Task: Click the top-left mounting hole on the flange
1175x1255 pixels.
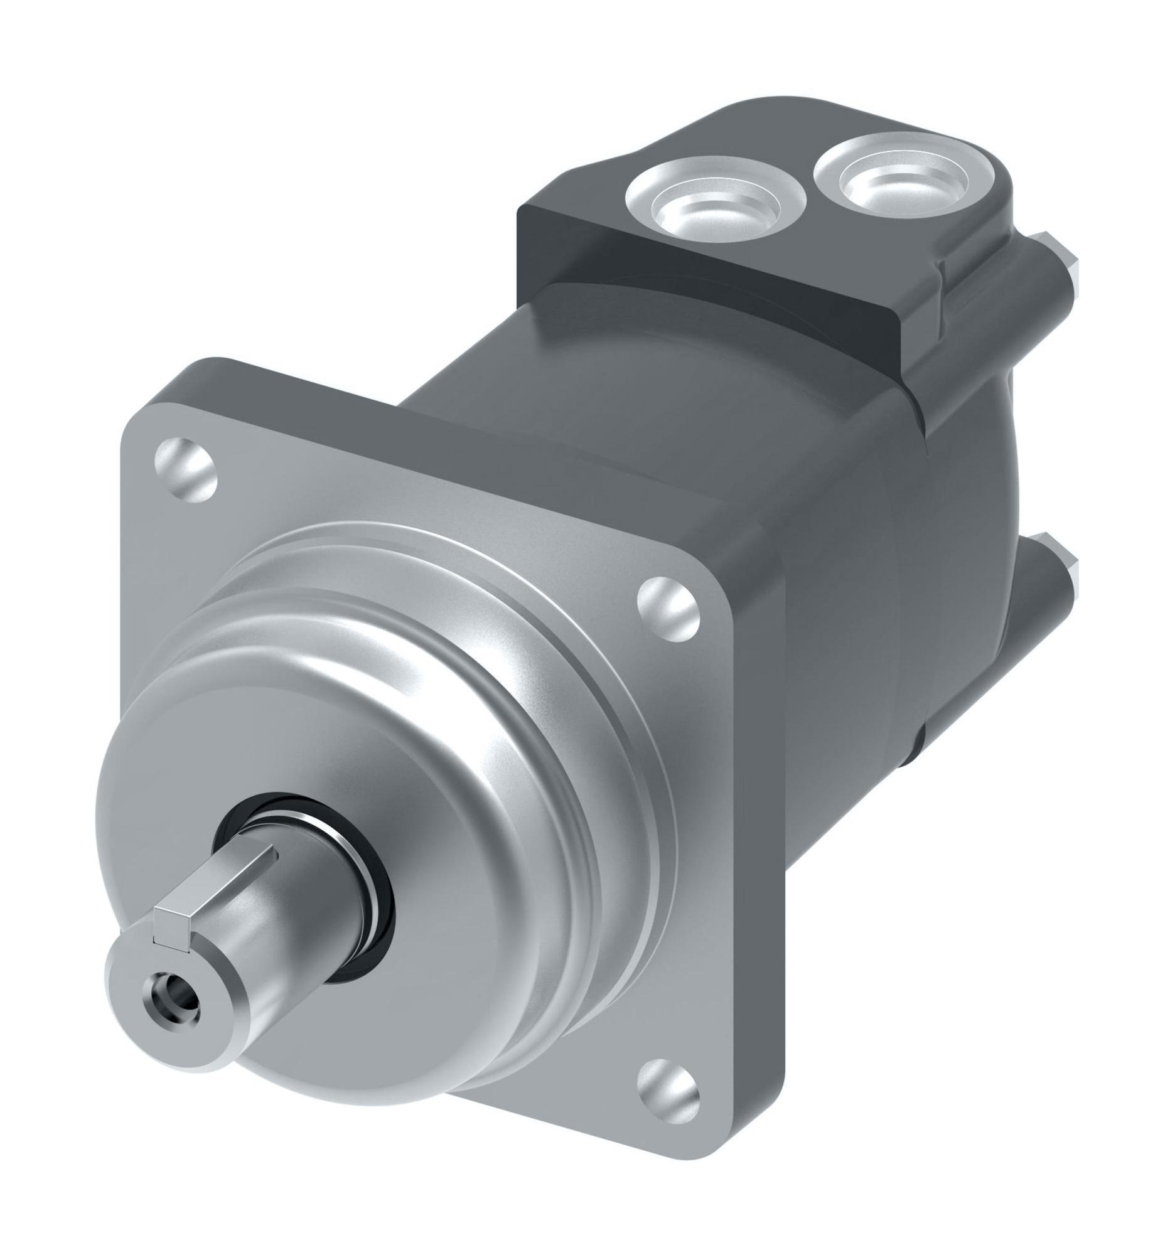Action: tap(185, 469)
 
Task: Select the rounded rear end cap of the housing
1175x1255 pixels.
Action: tap(985, 537)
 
